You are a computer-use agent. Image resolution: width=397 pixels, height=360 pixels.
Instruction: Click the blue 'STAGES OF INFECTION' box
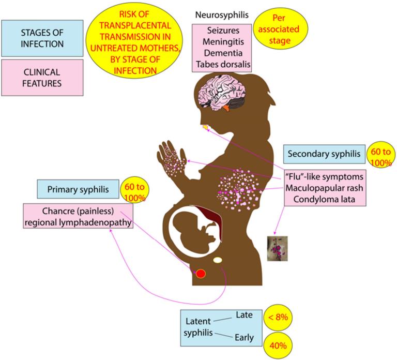coord(42,37)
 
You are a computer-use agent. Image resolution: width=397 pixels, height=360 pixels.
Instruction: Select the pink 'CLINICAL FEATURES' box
coord(42,77)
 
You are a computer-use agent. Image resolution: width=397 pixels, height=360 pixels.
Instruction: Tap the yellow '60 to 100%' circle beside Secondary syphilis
coord(379,154)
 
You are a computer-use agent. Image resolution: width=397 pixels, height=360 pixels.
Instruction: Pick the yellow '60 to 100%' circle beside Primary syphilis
coord(133,190)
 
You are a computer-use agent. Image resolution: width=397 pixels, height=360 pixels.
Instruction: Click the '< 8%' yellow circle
coord(277,317)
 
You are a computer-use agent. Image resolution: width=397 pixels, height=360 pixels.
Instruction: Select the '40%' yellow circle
coord(278,344)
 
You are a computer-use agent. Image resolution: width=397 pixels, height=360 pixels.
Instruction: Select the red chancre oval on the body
coord(201,274)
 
